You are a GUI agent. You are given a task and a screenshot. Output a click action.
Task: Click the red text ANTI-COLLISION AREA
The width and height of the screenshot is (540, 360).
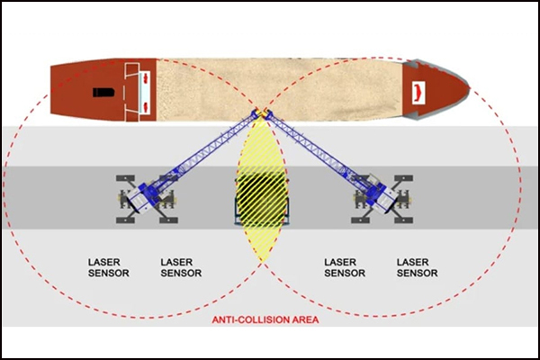[x=265, y=319]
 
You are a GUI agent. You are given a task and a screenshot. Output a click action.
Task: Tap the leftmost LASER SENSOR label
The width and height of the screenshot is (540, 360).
[x=109, y=267]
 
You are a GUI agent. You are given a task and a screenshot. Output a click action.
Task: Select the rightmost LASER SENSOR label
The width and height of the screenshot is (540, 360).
[x=417, y=267]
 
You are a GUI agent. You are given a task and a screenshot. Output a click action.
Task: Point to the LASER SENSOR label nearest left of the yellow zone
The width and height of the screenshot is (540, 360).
[x=181, y=267]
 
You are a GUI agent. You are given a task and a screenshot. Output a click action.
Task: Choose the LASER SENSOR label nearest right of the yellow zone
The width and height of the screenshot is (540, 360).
[x=345, y=267]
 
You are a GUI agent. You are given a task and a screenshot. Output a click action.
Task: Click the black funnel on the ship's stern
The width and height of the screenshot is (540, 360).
[x=103, y=93]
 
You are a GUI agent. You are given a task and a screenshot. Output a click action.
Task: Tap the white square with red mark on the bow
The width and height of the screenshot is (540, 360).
[x=418, y=93]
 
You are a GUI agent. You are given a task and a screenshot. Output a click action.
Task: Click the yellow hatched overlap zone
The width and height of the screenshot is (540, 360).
[x=261, y=190]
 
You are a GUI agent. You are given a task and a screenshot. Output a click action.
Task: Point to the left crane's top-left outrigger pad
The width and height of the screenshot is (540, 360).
[x=125, y=178]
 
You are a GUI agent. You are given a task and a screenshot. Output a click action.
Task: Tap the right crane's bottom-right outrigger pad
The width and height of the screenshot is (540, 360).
[x=403, y=220]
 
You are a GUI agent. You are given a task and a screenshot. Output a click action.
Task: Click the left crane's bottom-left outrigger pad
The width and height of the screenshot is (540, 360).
[x=125, y=220]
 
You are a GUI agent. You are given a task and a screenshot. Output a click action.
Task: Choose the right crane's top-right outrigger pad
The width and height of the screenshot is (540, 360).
[x=403, y=178]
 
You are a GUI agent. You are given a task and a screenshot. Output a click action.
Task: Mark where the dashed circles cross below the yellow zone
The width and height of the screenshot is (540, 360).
[x=262, y=263]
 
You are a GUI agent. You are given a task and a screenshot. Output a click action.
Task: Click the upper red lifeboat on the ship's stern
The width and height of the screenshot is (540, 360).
[x=145, y=79]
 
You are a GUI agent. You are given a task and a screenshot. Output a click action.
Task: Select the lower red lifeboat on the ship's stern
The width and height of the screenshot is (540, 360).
[x=145, y=107]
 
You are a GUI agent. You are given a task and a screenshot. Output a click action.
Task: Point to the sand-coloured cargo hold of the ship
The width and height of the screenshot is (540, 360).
[x=280, y=90]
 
